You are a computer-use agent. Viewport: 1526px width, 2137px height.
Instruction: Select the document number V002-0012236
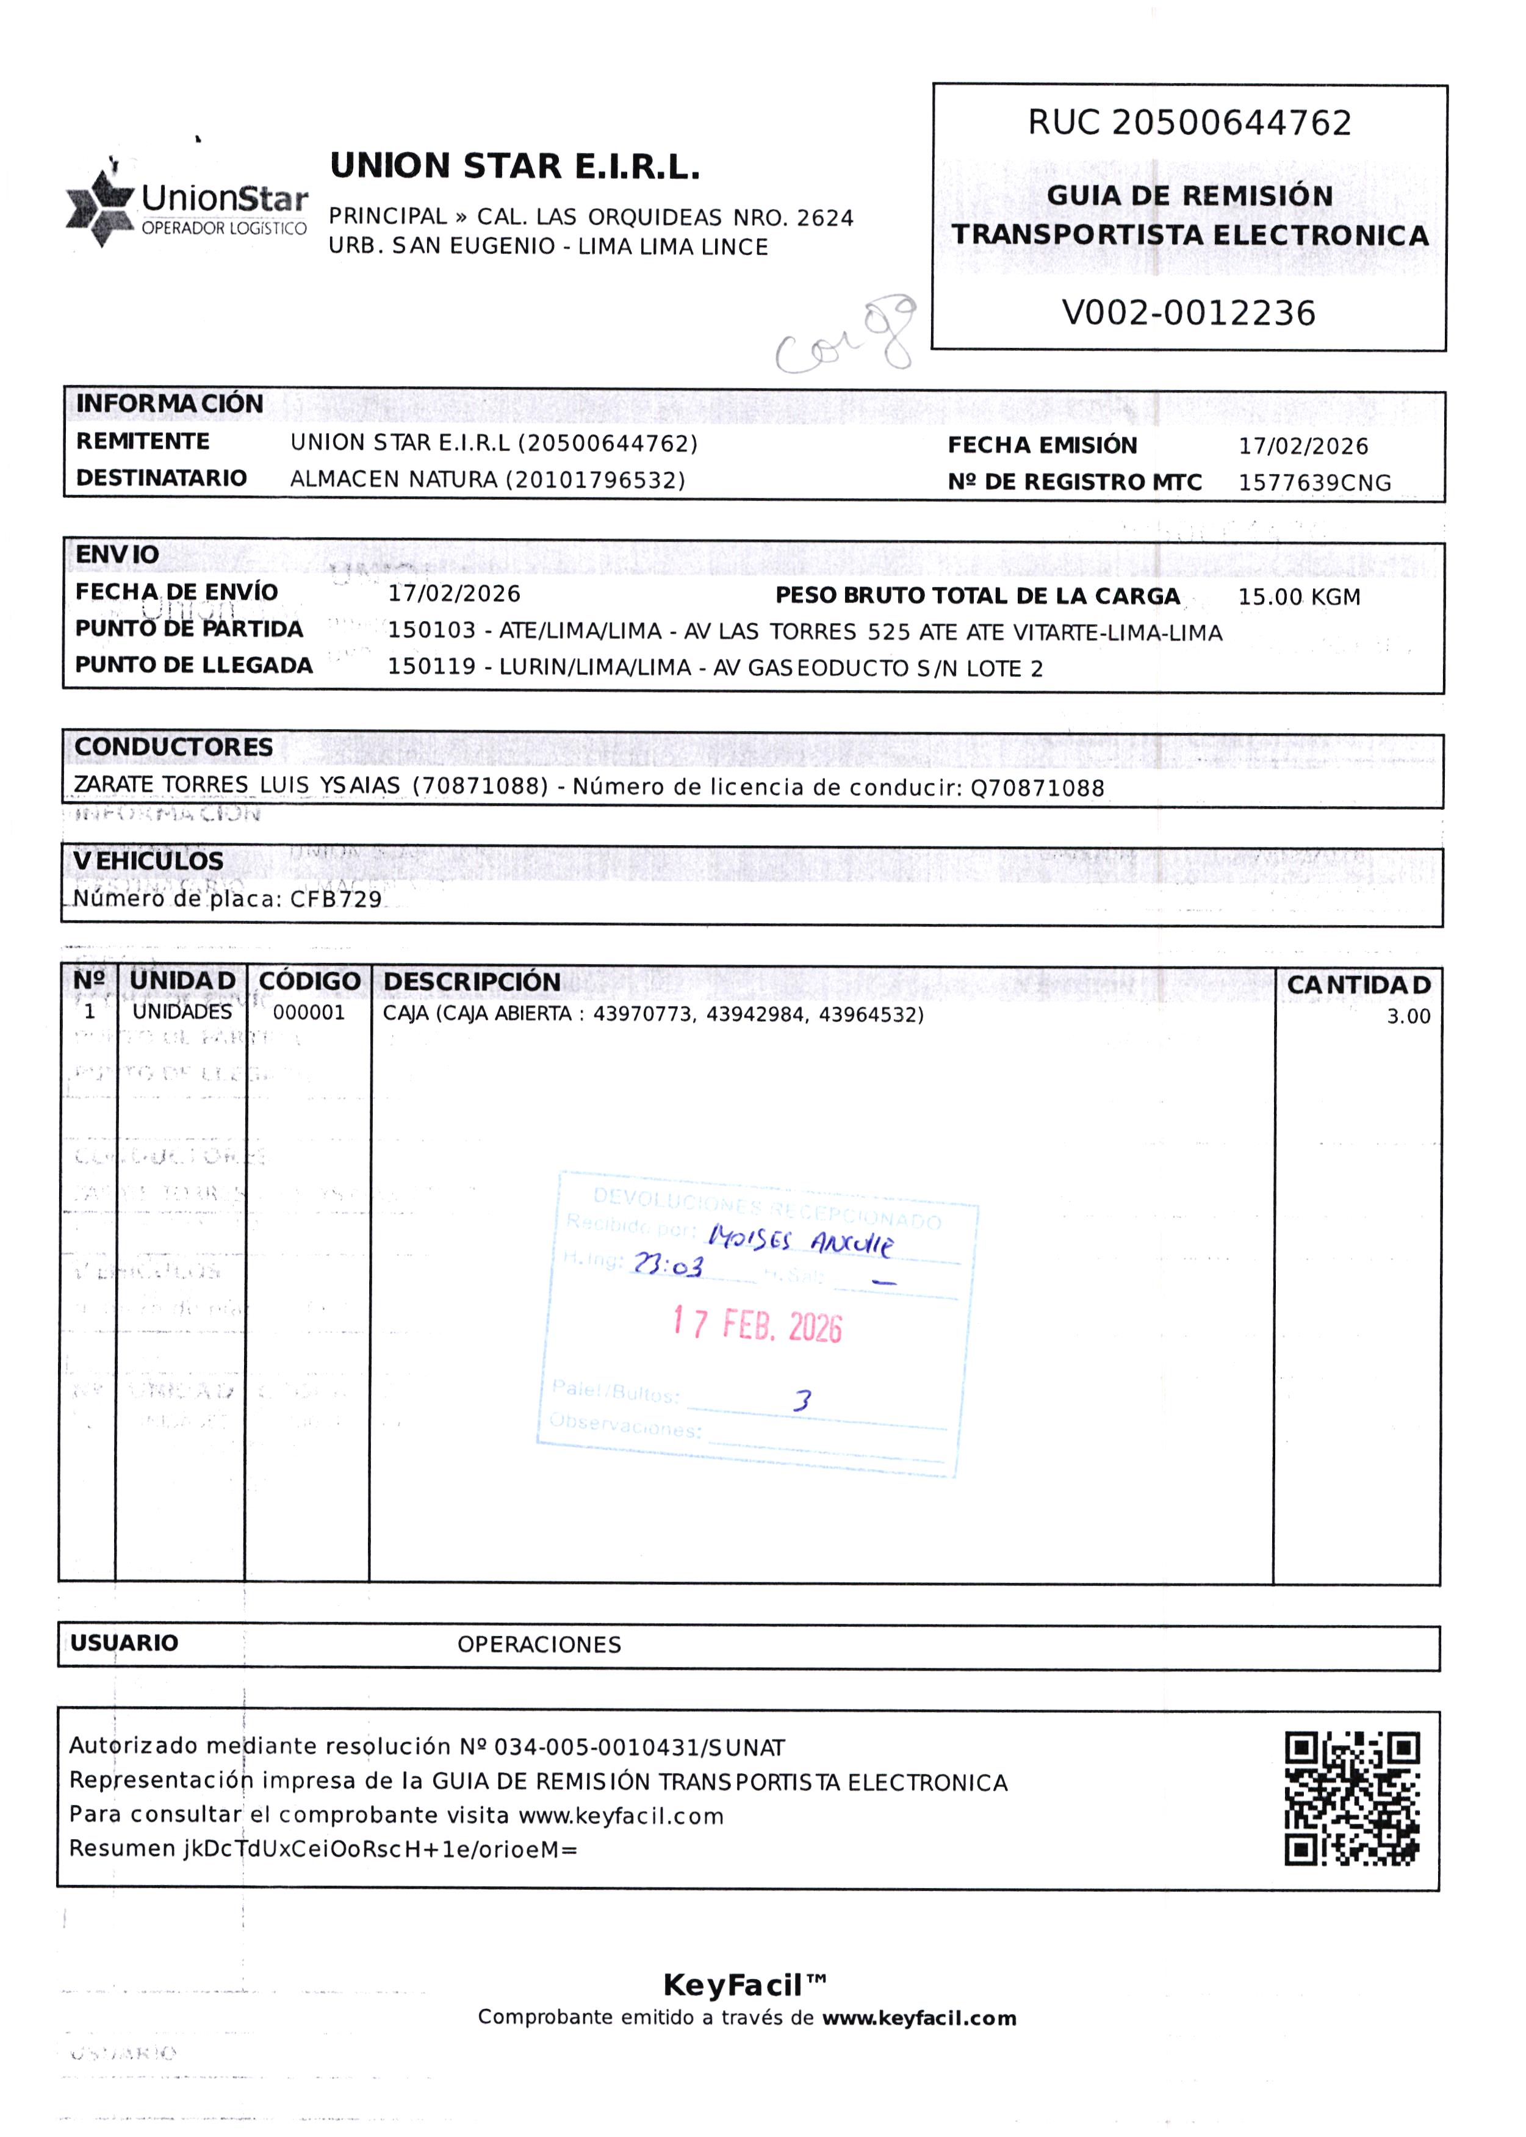(1188, 313)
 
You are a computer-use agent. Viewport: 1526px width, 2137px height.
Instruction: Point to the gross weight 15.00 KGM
(1298, 597)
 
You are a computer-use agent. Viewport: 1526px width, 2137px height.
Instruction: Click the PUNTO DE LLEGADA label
(193, 665)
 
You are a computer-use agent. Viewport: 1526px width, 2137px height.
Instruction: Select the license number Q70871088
(1037, 788)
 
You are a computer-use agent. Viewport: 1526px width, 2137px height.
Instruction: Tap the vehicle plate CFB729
(336, 899)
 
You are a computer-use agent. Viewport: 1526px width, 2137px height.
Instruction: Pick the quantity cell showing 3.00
(1408, 1016)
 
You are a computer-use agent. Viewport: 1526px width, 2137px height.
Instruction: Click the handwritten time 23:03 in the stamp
(667, 1265)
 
